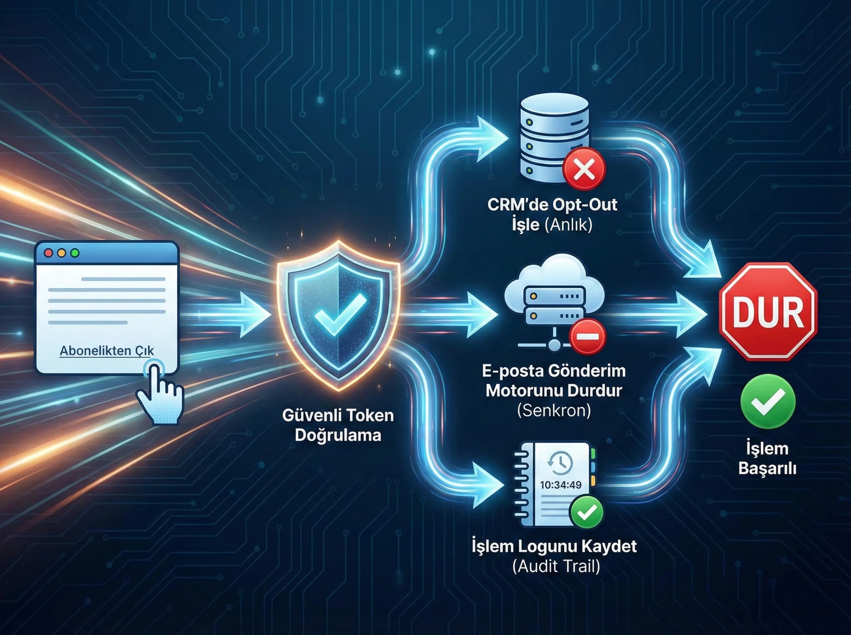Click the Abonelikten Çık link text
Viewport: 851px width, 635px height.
(106, 350)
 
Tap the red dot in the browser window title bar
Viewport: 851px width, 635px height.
(49, 253)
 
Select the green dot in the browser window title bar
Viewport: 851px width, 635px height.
(75, 253)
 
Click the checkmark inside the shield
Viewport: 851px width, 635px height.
(340, 313)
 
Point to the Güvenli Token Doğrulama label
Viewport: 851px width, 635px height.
(338, 425)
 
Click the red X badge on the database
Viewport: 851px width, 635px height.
(584, 168)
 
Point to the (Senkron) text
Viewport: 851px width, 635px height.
(554, 411)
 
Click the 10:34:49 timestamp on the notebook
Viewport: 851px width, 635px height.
(561, 485)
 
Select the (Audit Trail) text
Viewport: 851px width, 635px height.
(556, 566)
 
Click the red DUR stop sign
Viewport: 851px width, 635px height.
(768, 311)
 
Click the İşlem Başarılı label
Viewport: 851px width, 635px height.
(767, 459)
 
